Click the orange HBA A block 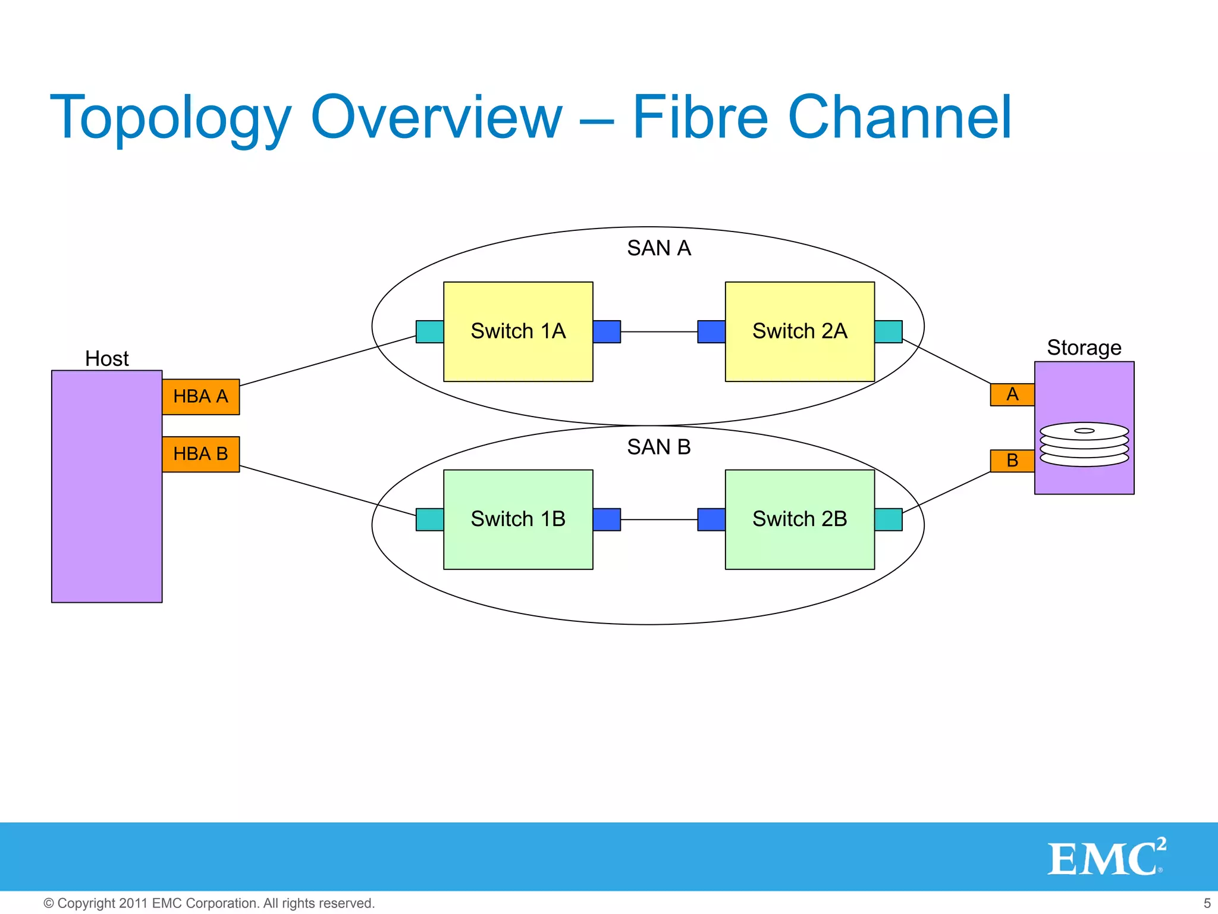[x=200, y=396]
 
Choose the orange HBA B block [x=200, y=454]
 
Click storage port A [x=1012, y=395]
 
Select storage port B [x=1012, y=461]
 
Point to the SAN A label [x=658, y=248]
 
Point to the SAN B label [x=658, y=447]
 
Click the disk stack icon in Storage [x=1084, y=445]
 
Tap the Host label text [x=106, y=359]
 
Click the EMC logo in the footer [x=1105, y=857]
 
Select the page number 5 [x=1207, y=903]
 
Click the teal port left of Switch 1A [x=429, y=331]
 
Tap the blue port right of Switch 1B [x=607, y=519]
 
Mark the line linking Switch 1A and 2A [x=659, y=331]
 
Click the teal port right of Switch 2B [x=889, y=519]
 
